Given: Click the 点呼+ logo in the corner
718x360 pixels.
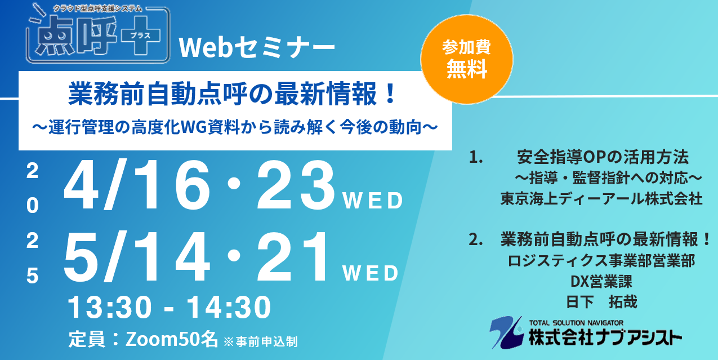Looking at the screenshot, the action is coord(98,34).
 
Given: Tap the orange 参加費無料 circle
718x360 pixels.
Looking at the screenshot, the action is coord(467,59).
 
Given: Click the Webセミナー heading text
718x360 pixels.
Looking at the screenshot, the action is coord(257,48).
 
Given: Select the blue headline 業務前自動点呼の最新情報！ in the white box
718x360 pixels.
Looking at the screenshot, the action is coord(233,94).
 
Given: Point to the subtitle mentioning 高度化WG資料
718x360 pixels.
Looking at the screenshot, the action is coord(235,127).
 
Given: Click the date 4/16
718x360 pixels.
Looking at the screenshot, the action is coord(137,185).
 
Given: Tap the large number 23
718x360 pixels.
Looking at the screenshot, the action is coord(296,185).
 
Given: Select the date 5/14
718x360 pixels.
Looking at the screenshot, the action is coord(137,256).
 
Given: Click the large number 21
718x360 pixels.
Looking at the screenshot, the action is coord(293,256).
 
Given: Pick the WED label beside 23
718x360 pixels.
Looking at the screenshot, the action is coord(373,201).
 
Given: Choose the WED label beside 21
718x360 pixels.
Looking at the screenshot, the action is coord(371,273).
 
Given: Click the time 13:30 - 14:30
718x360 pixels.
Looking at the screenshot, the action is coord(170,308).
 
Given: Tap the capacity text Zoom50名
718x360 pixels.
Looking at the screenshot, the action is coord(172,339).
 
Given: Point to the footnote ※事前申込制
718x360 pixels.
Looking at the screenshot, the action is coord(261,342).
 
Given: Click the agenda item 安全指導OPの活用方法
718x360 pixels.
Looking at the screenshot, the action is coord(603,157).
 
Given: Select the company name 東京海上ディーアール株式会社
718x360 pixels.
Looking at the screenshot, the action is coord(601,198).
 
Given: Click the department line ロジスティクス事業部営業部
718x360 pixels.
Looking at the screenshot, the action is coord(601,261).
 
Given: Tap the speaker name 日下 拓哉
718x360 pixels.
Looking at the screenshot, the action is coord(601,301).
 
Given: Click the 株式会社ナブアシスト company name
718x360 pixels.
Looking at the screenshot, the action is coord(605,337).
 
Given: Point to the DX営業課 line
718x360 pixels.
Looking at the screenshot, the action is coord(601,282).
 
